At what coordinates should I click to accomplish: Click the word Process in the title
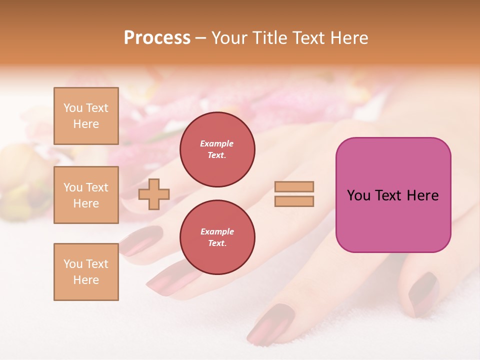(157, 38)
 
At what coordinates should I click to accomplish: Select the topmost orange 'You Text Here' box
(86, 116)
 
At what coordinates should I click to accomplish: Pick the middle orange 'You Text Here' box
(86, 195)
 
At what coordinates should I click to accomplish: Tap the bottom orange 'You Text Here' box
(86, 271)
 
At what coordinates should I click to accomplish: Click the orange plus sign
(154, 194)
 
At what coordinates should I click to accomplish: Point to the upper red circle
(217, 149)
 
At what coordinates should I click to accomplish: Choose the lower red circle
(217, 237)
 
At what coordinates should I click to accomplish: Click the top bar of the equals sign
(294, 187)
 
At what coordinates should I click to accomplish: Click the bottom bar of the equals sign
(294, 201)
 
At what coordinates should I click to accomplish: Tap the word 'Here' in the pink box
(422, 195)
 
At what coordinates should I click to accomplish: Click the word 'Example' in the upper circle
(216, 143)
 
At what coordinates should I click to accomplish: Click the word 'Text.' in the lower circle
(217, 243)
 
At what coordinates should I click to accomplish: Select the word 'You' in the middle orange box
(72, 187)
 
